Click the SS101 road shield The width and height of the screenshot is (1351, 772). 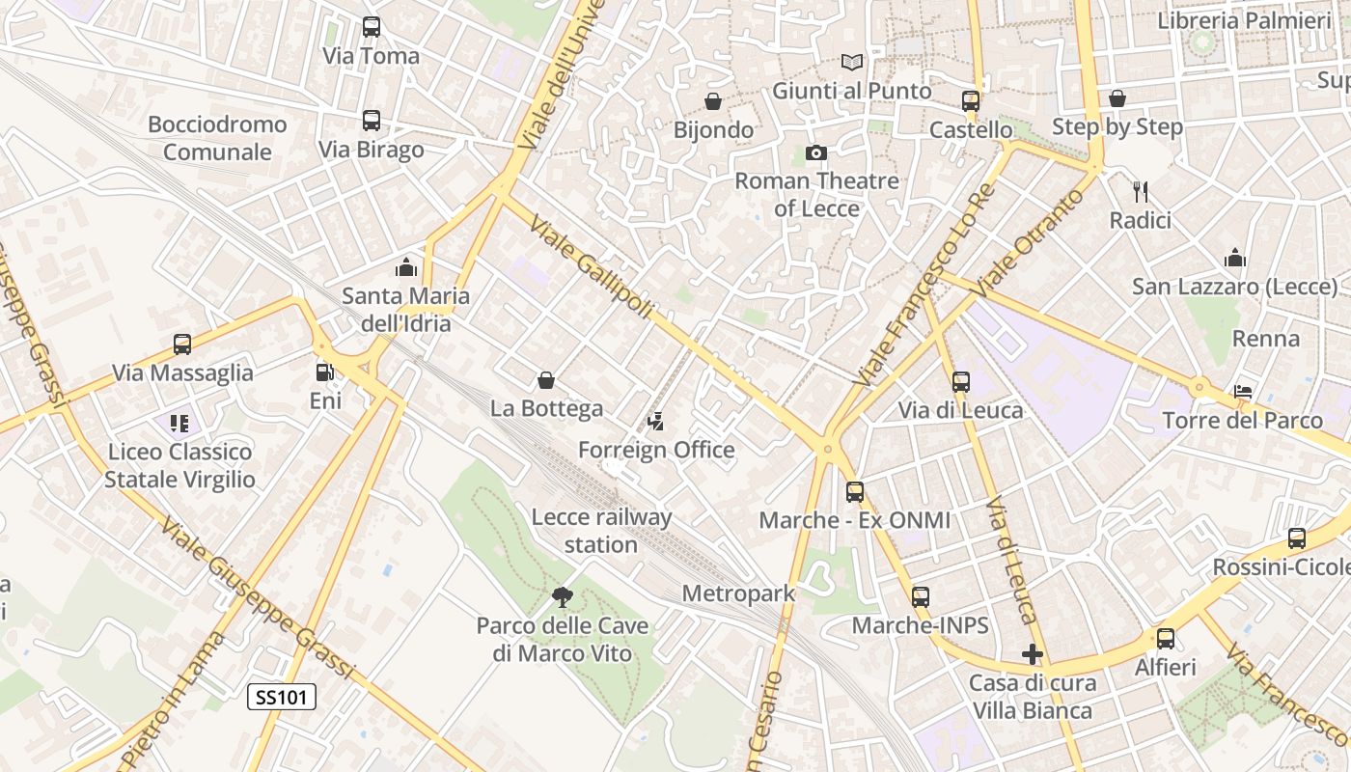[x=282, y=697]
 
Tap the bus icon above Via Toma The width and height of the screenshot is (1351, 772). [x=372, y=27]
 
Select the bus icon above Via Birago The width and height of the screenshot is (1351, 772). [x=372, y=121]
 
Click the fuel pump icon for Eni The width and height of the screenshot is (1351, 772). [x=325, y=372]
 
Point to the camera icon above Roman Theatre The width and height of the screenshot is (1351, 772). [x=816, y=152]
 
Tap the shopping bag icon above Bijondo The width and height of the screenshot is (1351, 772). [x=713, y=101]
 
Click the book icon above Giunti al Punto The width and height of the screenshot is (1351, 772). [x=851, y=63]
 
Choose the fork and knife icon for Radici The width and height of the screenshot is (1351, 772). [x=1140, y=192]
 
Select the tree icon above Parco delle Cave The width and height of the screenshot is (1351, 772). [x=563, y=598]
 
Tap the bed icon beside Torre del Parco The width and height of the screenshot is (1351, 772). [x=1243, y=392]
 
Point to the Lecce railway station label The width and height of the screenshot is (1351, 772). [x=601, y=531]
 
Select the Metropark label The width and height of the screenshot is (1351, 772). [x=739, y=593]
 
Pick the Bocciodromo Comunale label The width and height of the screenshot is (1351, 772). [x=217, y=138]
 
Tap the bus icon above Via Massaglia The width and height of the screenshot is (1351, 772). [x=182, y=345]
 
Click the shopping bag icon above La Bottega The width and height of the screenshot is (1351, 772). [x=546, y=380]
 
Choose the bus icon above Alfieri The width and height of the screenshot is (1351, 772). [x=1166, y=639]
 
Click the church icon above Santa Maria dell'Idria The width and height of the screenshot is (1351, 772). [x=406, y=267]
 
